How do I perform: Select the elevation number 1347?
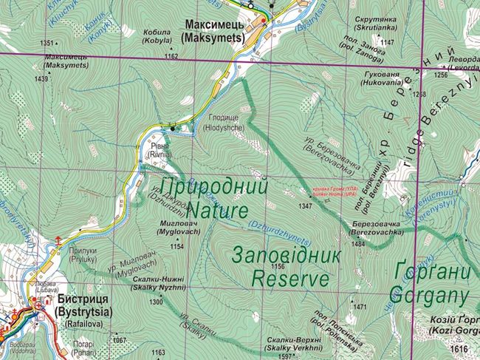[305, 206]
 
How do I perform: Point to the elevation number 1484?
[359, 243]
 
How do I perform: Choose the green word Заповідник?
[287, 256]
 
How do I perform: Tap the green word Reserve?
[289, 279]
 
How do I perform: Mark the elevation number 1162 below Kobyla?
[171, 56]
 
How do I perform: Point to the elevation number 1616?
[460, 348]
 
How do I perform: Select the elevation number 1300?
[156, 302]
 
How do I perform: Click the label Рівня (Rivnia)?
[160, 151]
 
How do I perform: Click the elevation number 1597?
[284, 357]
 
